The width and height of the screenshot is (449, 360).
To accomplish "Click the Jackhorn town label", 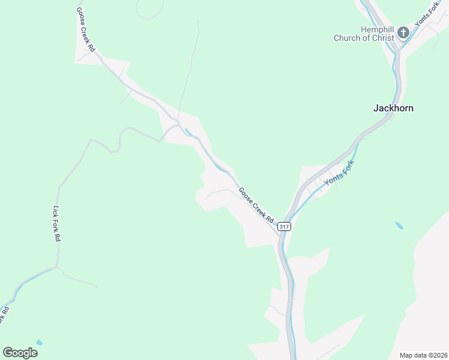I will click(393, 109).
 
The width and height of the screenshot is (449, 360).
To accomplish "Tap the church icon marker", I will click(403, 32).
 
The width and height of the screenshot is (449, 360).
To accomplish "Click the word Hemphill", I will click(377, 29).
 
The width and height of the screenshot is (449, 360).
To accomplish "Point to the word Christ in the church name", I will click(382, 38).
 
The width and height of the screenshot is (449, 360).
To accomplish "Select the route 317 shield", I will click(284, 226).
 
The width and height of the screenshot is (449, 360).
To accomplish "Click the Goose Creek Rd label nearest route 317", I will click(256, 204).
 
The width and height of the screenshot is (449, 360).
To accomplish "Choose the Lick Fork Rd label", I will click(58, 224).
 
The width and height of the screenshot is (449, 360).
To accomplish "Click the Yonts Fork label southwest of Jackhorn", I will click(337, 173).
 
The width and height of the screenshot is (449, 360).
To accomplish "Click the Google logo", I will click(20, 352).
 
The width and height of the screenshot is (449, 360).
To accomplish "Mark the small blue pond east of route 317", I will click(399, 226).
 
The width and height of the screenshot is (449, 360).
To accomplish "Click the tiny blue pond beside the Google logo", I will click(40, 343).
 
